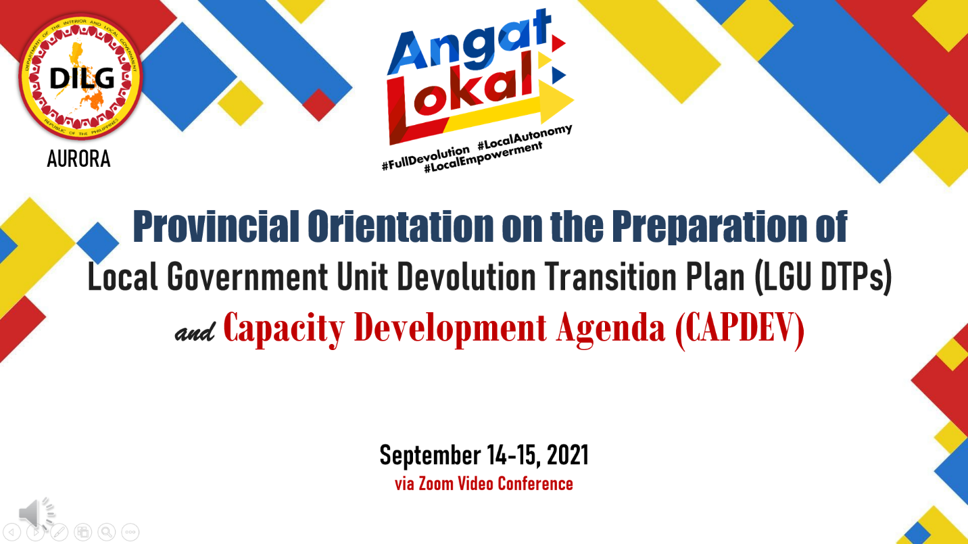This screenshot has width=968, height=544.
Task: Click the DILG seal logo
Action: coord(81,77)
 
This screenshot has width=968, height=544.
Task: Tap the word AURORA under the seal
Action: coord(78,159)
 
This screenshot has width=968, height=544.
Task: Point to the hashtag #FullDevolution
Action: coord(426,157)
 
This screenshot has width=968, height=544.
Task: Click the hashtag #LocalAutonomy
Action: coord(525,137)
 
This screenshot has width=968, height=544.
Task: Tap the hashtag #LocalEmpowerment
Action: coord(483,157)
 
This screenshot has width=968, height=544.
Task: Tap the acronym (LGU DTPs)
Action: coord(823,276)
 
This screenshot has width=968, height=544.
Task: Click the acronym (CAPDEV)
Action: coord(740,329)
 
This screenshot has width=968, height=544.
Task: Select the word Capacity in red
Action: coord(284,329)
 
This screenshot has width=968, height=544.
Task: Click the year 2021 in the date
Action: coord(567,455)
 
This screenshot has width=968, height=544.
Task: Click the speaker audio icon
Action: coord(37,514)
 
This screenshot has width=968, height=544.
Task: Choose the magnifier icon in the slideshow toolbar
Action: coord(107,532)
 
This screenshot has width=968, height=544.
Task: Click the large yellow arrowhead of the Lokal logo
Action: coord(555,101)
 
